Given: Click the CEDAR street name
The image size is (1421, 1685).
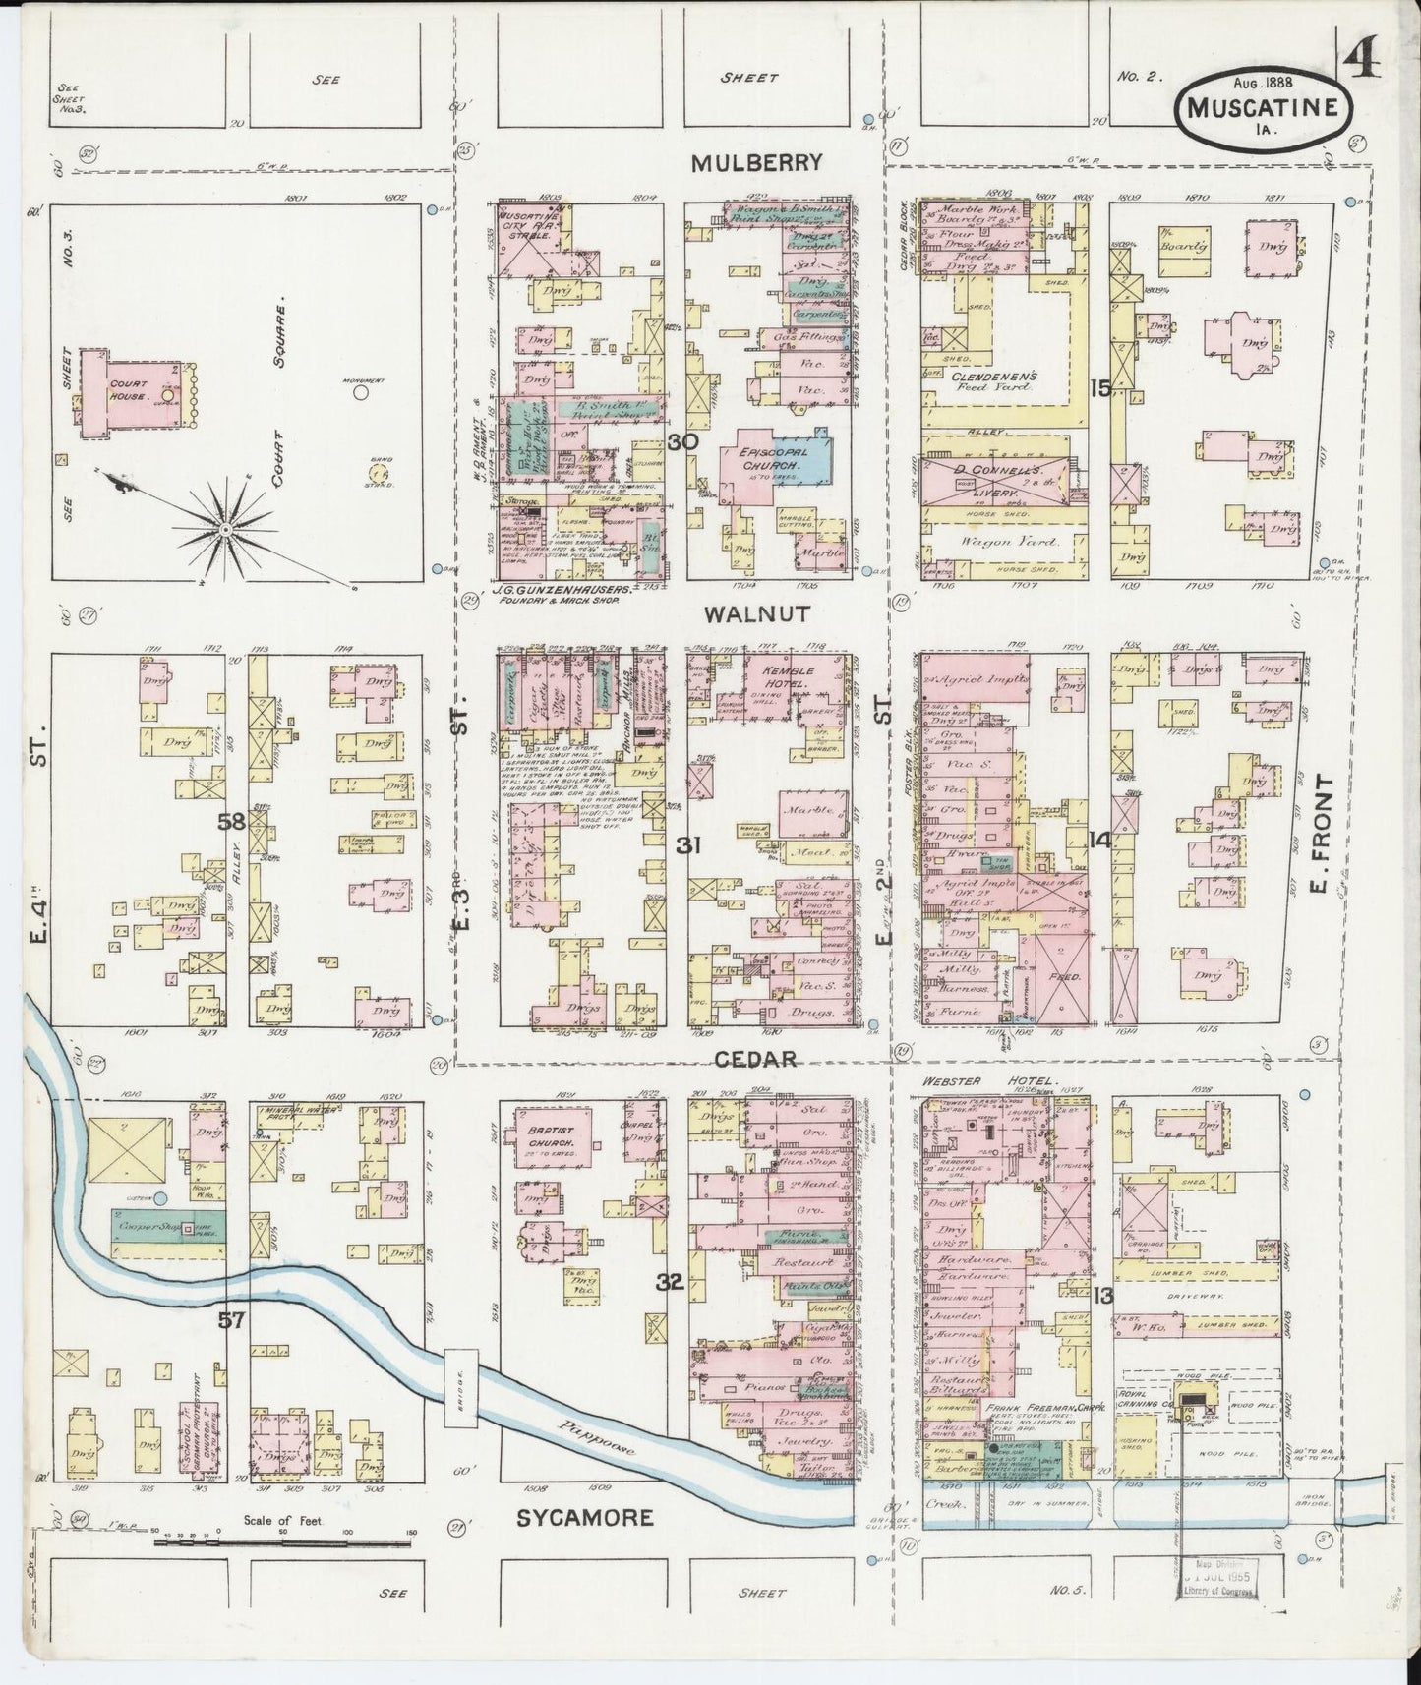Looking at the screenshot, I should pyautogui.click(x=754, y=1059).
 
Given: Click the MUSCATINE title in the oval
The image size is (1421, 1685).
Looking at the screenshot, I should pyautogui.click(x=1260, y=109).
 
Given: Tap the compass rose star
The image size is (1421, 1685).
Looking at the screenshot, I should pyautogui.click(x=226, y=530).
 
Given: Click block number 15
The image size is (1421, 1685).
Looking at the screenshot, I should pyautogui.click(x=1098, y=389).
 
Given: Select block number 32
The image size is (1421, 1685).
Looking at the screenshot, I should pyautogui.click(x=670, y=1281).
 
